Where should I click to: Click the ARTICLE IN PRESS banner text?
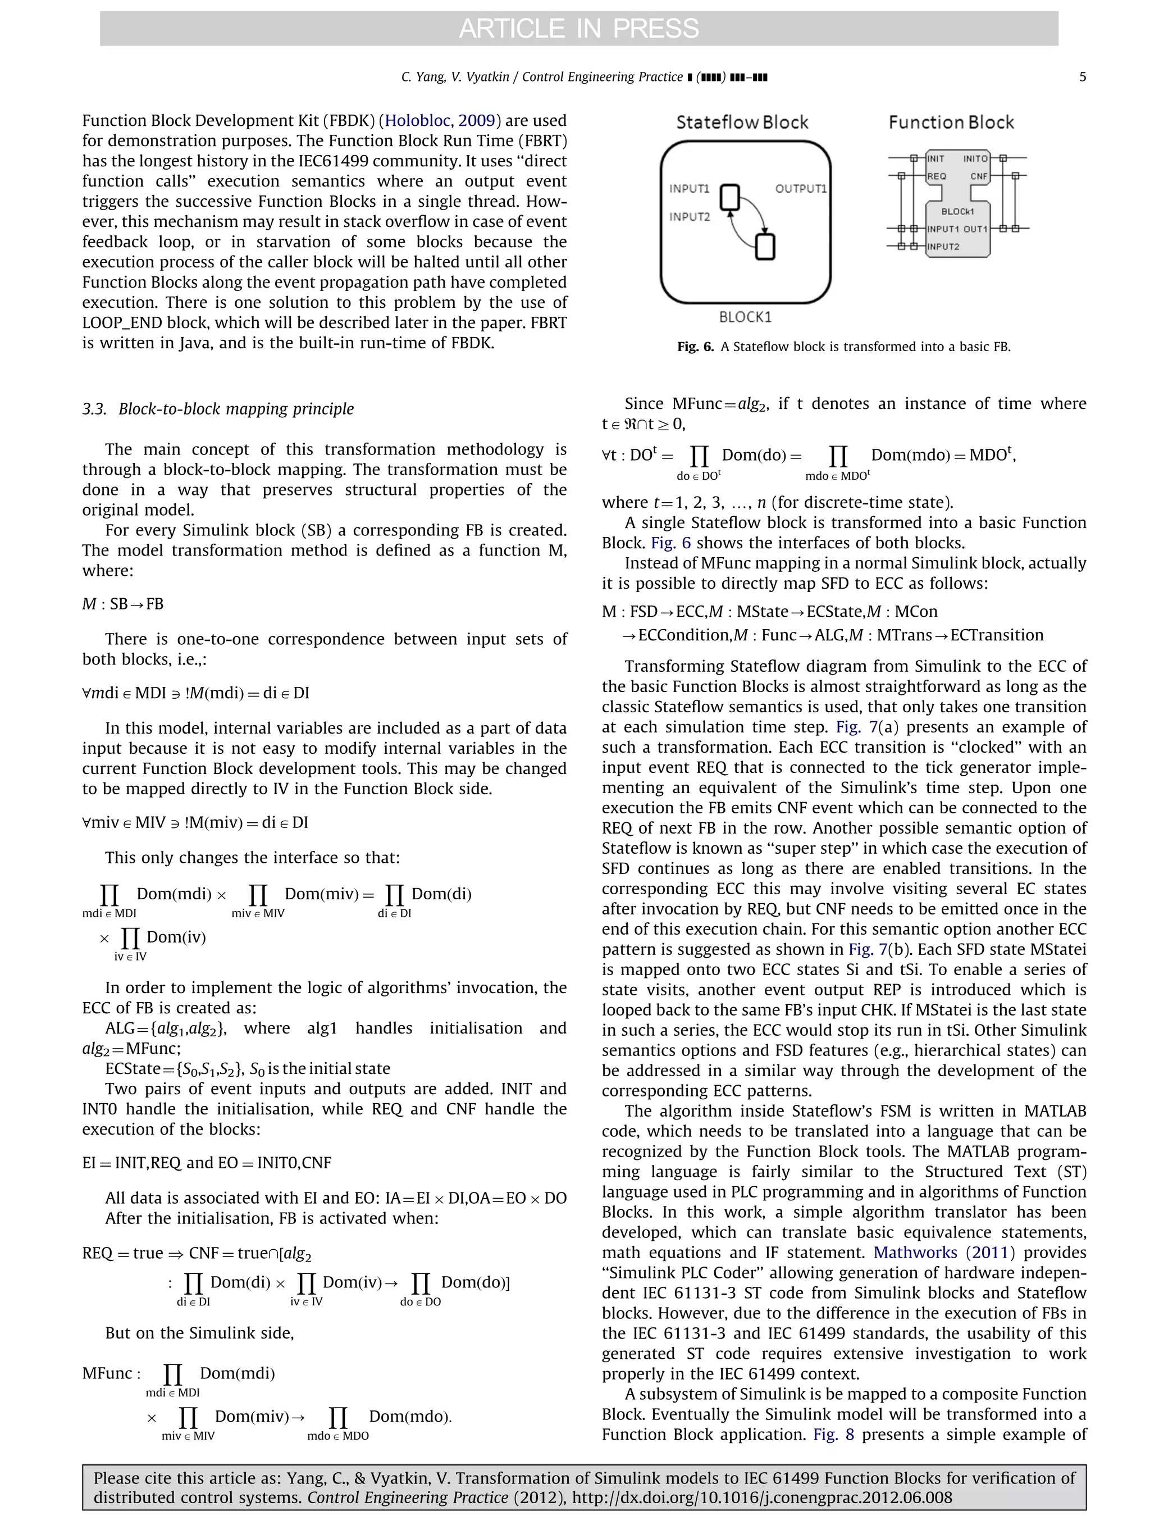(x=578, y=29)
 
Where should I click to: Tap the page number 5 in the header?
(x=1082, y=77)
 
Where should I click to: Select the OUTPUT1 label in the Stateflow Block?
(x=801, y=189)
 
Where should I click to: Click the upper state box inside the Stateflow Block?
(x=730, y=197)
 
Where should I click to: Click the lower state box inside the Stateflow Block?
(x=765, y=247)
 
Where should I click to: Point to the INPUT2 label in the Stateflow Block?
(x=689, y=217)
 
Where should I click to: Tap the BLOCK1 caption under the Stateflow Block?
(x=745, y=317)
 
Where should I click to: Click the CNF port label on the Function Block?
(x=978, y=176)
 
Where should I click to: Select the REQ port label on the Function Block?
(x=937, y=176)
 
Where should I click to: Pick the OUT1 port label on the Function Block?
(x=975, y=229)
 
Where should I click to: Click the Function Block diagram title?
(x=951, y=123)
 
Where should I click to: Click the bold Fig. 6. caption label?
(x=695, y=347)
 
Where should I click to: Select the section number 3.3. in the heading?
(x=94, y=409)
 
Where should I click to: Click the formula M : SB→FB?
(x=124, y=604)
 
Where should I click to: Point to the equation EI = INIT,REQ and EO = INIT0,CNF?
(x=207, y=1163)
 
